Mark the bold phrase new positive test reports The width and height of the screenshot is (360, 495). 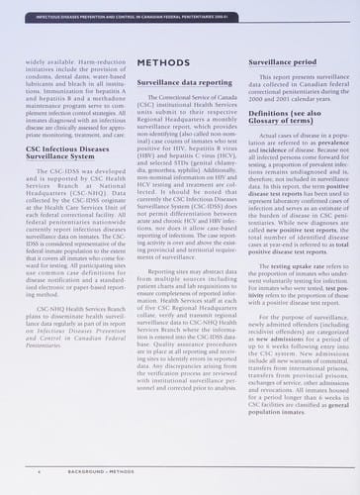294,271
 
